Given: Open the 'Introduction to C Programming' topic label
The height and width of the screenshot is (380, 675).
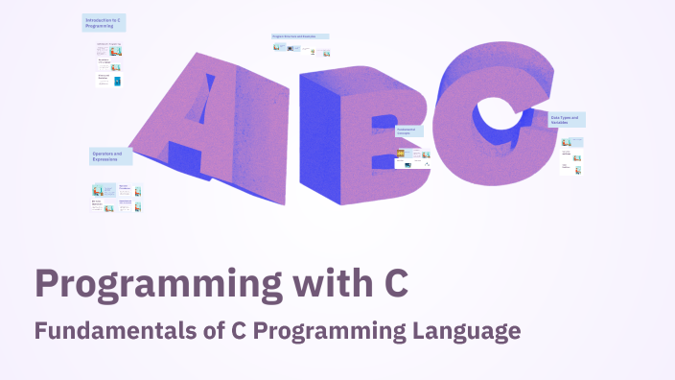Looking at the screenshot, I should click(x=104, y=23).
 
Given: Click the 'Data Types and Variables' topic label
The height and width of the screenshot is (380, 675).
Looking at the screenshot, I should click(x=567, y=120).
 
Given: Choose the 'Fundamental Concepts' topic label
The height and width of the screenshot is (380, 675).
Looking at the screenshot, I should click(x=408, y=131).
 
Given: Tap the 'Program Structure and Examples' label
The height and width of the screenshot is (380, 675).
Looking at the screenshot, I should click(x=300, y=36).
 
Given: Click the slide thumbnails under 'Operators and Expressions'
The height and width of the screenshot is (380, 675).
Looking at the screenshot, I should click(x=116, y=197).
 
